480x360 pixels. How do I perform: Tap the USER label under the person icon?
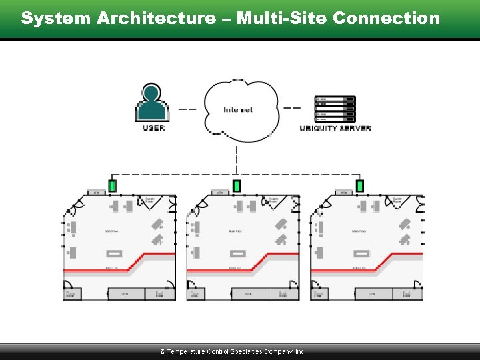[x=153, y=127]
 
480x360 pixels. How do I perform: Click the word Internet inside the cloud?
[x=238, y=109]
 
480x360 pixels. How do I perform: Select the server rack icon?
[x=335, y=108]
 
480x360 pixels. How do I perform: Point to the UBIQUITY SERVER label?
[x=335, y=128]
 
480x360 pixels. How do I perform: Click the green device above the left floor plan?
[x=112, y=185]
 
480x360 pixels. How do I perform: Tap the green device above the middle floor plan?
[x=236, y=185]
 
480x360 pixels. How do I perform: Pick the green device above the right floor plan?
[x=359, y=185]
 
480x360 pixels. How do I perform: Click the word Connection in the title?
[x=386, y=18]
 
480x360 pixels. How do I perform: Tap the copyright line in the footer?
[x=231, y=351]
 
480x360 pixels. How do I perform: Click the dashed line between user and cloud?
[x=187, y=109]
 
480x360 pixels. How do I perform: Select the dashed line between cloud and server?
[x=293, y=109]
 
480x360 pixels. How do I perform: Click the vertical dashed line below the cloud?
[x=237, y=159]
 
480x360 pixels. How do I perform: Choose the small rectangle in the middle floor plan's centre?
[x=237, y=253]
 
